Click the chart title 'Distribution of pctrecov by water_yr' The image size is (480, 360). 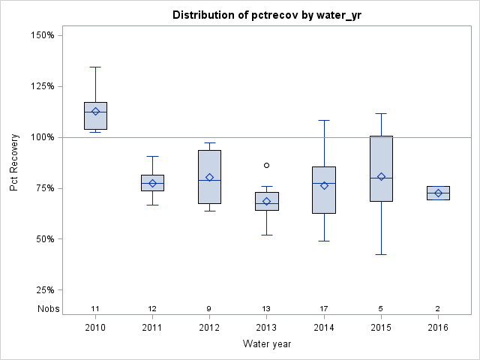266,15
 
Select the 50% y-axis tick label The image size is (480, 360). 41,239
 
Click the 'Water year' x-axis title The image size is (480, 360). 267,343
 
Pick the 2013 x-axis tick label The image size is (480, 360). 267,328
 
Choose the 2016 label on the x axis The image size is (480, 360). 438,328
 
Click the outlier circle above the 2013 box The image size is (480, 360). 267,165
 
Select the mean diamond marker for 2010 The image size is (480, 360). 95,112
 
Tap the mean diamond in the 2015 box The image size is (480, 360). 381,177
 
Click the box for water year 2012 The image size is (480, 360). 209,176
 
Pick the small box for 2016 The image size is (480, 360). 438,193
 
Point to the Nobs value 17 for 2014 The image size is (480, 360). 324,309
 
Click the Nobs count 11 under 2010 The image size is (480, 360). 95,309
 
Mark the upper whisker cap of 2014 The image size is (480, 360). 324,120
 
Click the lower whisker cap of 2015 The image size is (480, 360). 381,255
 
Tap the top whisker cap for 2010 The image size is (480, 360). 95,67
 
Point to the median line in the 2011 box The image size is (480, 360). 152,183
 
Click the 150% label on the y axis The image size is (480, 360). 39,35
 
